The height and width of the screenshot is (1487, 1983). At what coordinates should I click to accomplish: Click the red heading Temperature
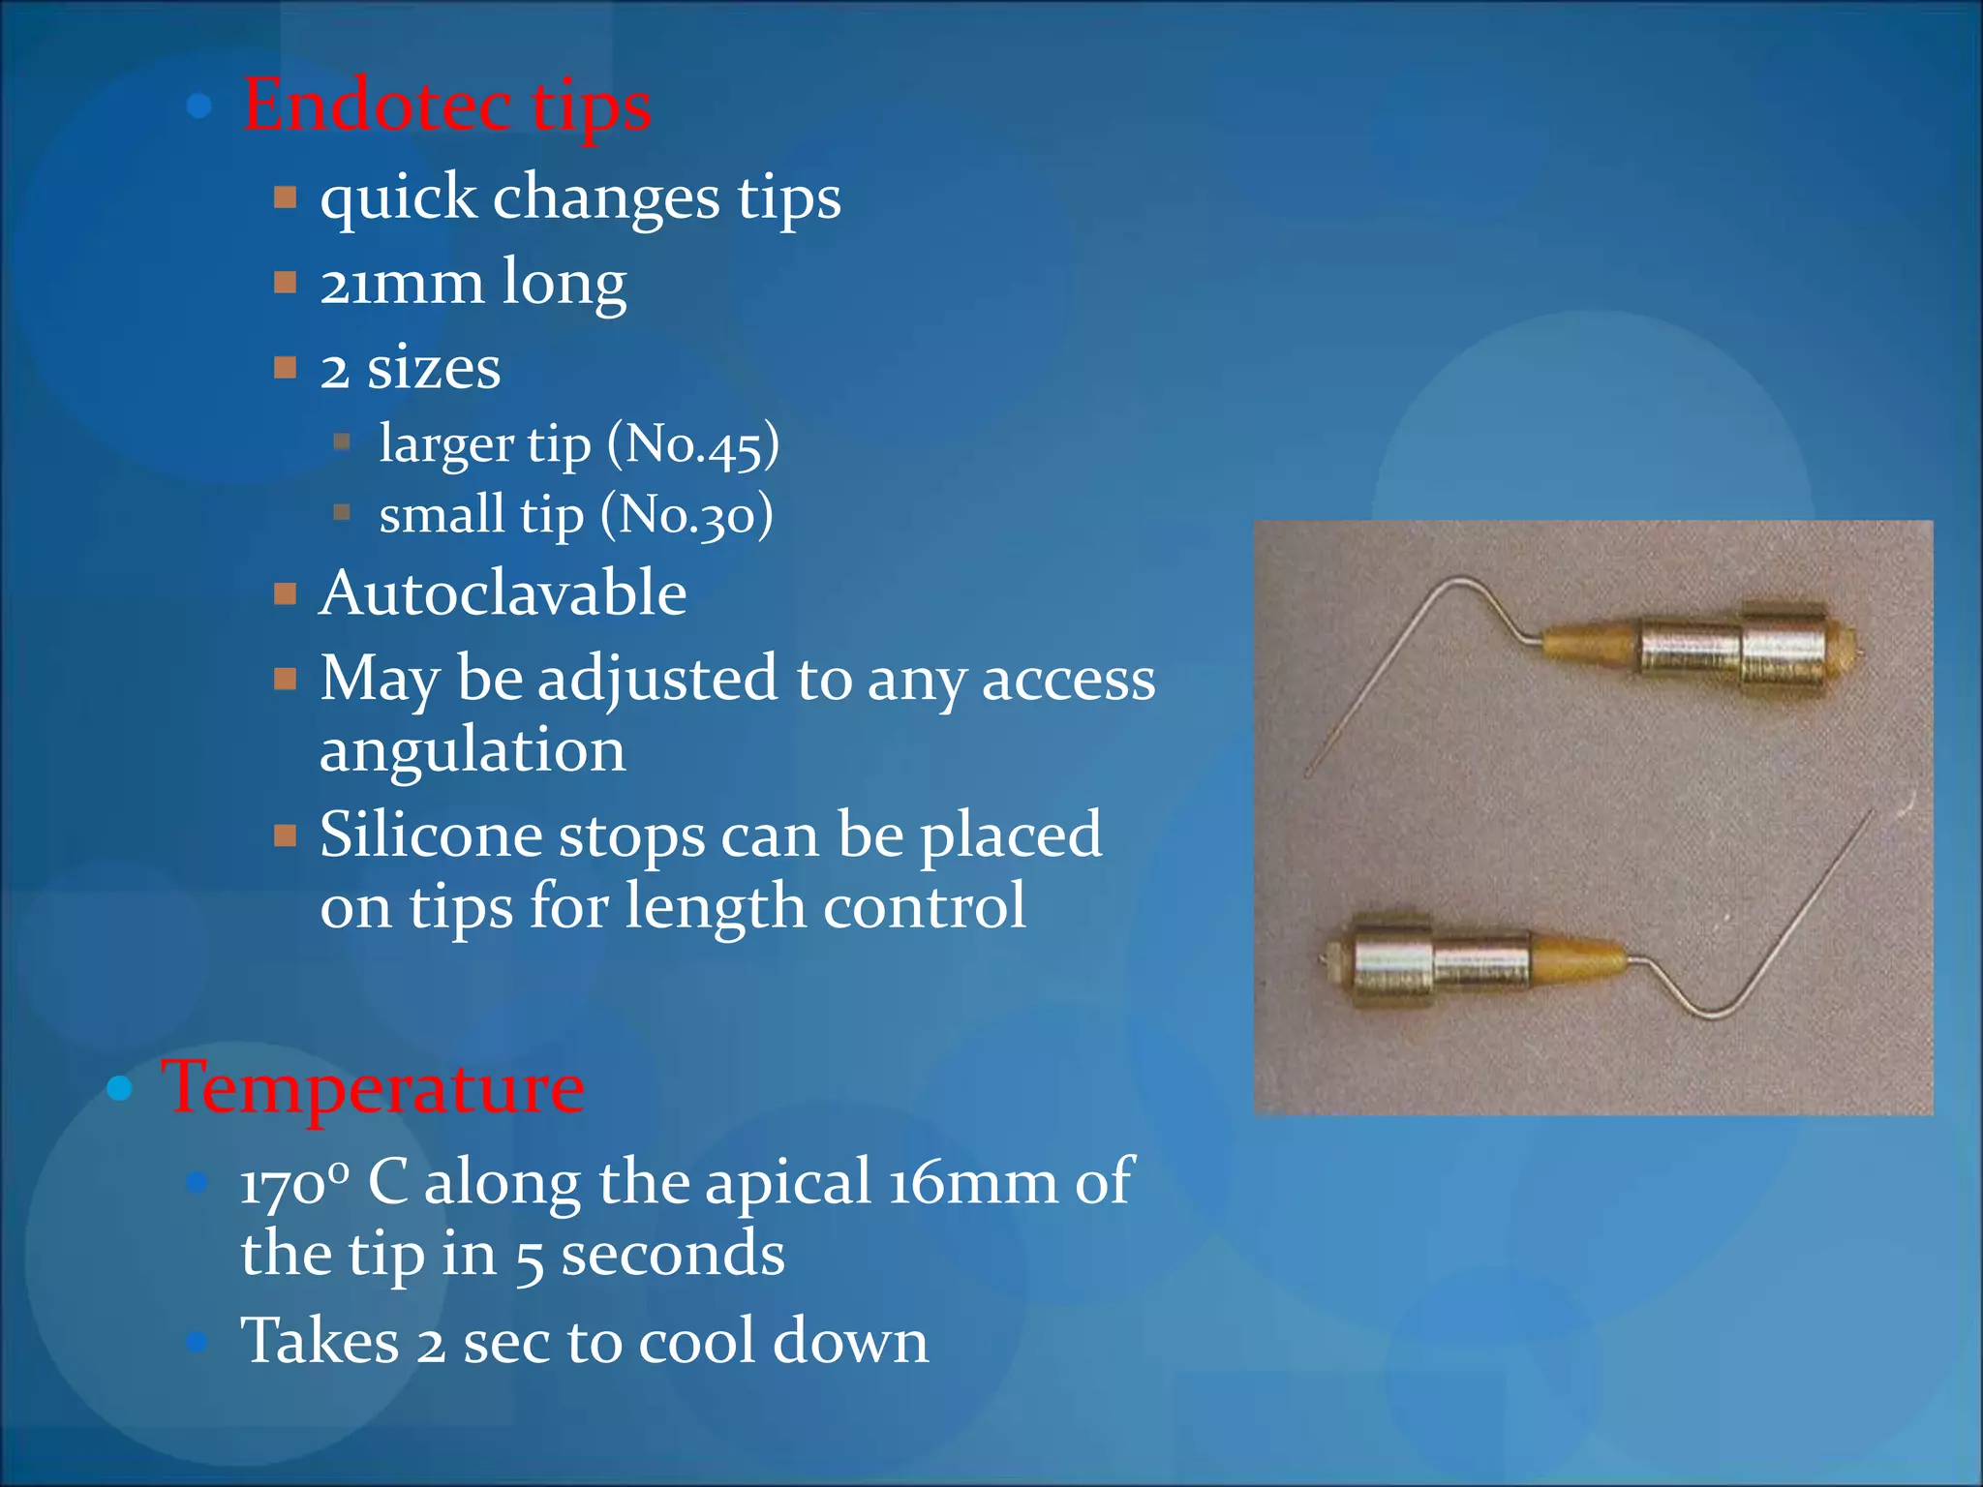point(374,1087)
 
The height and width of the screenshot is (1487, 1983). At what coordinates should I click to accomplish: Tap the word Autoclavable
point(503,592)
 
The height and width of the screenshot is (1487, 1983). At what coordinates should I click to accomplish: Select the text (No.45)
point(692,444)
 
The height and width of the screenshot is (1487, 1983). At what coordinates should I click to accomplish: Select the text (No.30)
point(686,514)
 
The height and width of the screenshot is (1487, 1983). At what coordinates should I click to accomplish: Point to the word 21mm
point(401,284)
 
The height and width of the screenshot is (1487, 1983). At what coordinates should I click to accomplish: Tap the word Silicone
point(430,835)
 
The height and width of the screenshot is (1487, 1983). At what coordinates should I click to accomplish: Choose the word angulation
point(473,750)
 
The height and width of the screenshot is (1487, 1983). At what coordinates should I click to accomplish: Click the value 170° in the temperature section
point(294,1183)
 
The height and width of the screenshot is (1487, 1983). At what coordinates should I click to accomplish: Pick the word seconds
point(672,1255)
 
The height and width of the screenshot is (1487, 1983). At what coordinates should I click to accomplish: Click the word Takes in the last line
point(320,1341)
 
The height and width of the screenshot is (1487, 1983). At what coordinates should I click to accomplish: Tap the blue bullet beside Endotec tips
point(199,106)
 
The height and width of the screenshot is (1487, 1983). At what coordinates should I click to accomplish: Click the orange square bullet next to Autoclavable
point(285,593)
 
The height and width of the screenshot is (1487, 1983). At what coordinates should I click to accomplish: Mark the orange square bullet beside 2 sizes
point(285,368)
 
